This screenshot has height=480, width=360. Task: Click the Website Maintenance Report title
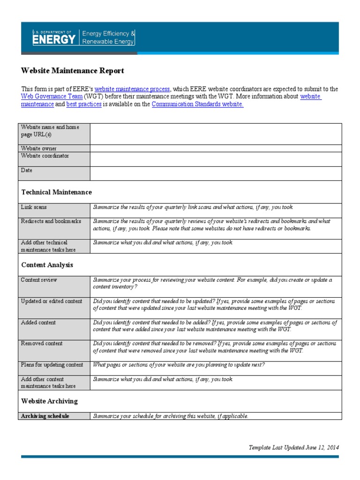73,71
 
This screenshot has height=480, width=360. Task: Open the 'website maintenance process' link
132,89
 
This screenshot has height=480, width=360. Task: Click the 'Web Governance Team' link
52,97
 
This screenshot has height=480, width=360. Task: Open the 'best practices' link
84,105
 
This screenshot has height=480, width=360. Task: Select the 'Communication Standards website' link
197,105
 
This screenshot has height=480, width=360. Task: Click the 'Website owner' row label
39,149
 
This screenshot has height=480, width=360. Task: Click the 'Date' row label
27,171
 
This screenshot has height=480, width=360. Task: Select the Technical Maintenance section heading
57,192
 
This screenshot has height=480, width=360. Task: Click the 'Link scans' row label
34,207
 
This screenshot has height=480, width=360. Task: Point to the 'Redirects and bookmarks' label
51,221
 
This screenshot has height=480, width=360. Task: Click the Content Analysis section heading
47,265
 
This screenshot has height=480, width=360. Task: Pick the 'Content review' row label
39,280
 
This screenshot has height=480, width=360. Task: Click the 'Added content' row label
38,322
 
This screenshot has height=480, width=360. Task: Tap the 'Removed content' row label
42,344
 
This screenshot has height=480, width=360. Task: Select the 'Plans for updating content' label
52,365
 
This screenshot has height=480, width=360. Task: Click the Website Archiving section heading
50,401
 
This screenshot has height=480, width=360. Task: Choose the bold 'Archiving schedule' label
45,416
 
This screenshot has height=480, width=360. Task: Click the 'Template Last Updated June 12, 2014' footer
293,448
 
